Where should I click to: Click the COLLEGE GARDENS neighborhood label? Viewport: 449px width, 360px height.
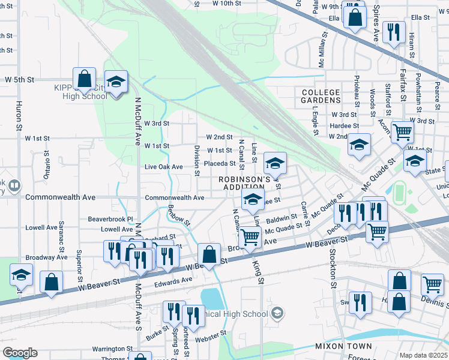click(x=321, y=96)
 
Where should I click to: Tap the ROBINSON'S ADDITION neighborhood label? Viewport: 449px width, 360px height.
click(x=245, y=183)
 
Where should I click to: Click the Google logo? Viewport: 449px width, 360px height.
click(x=19, y=353)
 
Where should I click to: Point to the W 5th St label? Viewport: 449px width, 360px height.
click(x=20, y=79)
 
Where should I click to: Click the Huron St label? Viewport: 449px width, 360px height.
click(x=19, y=119)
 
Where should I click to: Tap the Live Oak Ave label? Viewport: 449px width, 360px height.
click(x=164, y=166)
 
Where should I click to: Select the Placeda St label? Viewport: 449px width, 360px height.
click(x=219, y=163)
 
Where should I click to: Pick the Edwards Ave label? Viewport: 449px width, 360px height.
click(x=173, y=279)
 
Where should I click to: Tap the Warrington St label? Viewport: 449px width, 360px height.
click(x=112, y=349)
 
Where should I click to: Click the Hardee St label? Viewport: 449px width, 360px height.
click(x=345, y=125)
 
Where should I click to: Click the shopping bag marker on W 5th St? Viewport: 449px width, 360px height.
click(x=84, y=78)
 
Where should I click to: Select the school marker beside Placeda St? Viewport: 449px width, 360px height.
click(x=275, y=163)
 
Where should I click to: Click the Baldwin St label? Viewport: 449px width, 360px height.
click(x=282, y=217)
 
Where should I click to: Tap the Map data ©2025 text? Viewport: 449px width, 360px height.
click(x=423, y=355)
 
